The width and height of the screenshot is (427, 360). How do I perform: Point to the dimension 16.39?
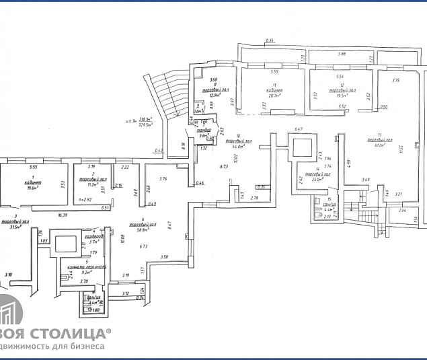(63, 215)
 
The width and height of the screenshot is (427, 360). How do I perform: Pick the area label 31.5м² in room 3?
(12, 227)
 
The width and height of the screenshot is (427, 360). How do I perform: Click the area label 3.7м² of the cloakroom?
(94, 242)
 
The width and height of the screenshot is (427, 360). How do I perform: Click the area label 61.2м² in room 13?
(384, 145)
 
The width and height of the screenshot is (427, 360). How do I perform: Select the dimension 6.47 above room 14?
(299, 129)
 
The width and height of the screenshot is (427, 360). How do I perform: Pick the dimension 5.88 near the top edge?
(342, 54)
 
